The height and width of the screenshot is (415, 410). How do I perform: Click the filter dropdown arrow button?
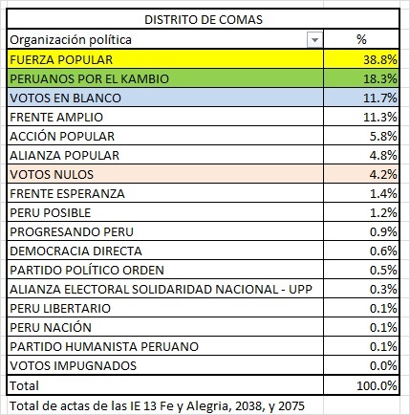pyautogui.click(x=314, y=39)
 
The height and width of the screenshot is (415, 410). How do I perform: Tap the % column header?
pyautogui.click(x=361, y=39)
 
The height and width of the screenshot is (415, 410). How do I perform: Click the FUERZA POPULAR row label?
pyautogui.click(x=56, y=59)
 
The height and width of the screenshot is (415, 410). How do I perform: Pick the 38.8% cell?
pyautogui.click(x=379, y=59)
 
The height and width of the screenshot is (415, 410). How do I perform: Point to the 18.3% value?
pyautogui.click(x=379, y=78)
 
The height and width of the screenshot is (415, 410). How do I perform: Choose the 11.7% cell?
pyautogui.click(x=379, y=98)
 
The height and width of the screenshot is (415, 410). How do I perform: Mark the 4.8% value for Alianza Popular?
pyautogui.click(x=382, y=155)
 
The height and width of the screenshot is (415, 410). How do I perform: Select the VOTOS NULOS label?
pyautogui.click(x=49, y=174)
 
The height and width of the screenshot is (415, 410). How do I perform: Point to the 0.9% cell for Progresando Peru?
pyautogui.click(x=382, y=231)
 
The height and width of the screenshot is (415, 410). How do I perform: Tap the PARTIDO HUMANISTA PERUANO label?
pyautogui.click(x=89, y=346)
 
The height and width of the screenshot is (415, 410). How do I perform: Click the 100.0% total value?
pyautogui.click(x=377, y=384)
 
